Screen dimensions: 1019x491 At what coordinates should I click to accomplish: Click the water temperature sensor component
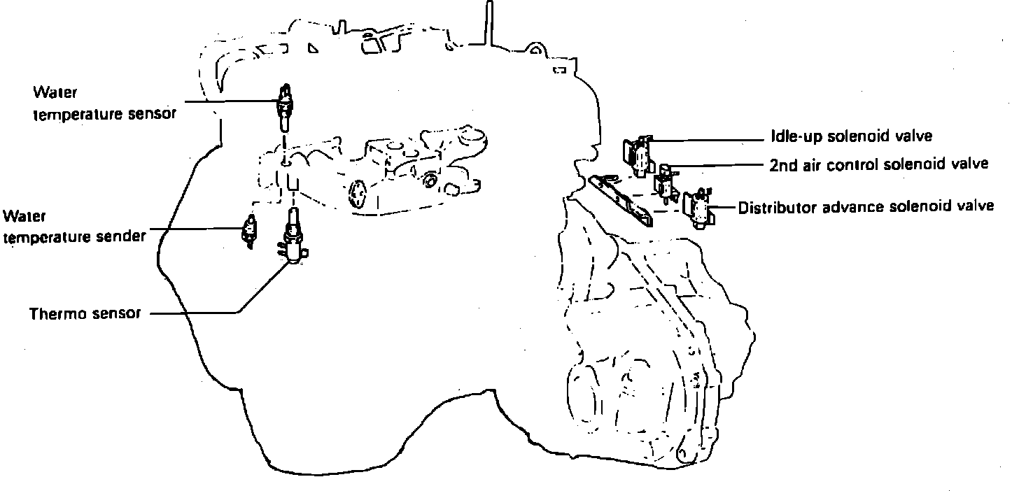click(285, 106)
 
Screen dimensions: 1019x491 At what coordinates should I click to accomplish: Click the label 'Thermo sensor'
click(85, 313)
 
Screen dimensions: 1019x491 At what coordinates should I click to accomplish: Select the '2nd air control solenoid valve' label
click(878, 164)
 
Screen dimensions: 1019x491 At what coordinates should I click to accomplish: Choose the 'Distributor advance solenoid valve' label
click(866, 206)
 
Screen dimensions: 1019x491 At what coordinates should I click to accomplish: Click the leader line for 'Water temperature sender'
click(196, 228)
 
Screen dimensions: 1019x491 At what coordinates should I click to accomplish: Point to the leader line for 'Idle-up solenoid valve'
click(707, 141)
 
